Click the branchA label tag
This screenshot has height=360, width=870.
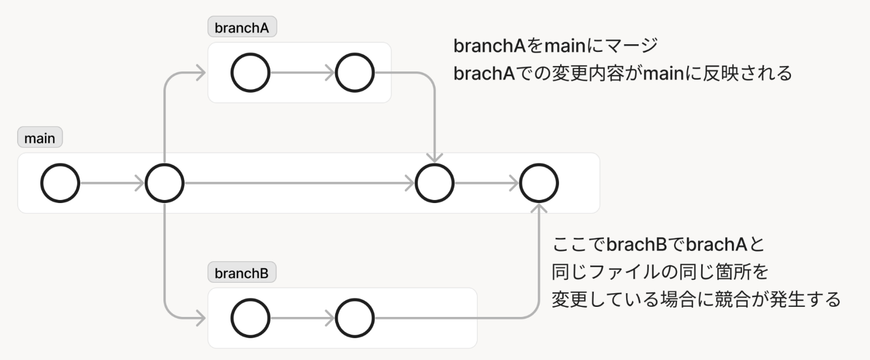click(x=243, y=27)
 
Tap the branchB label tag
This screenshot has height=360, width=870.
click(x=242, y=273)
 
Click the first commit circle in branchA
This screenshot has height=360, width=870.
click(x=250, y=73)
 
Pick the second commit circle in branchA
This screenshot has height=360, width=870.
click(x=355, y=73)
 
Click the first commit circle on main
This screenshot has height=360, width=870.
click(x=60, y=183)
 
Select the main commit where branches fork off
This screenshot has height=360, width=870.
click(x=165, y=183)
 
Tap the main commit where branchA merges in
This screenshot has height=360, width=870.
click(x=435, y=183)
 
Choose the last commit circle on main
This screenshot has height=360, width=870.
click(x=539, y=183)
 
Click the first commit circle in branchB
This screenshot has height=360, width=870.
click(x=250, y=319)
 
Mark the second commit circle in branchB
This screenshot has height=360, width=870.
click(x=355, y=319)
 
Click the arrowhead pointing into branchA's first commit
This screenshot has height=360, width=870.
click(x=201, y=73)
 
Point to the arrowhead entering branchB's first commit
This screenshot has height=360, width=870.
click(x=201, y=319)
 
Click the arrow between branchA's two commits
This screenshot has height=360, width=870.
click(x=302, y=73)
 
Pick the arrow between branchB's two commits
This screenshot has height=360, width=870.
click(x=302, y=319)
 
